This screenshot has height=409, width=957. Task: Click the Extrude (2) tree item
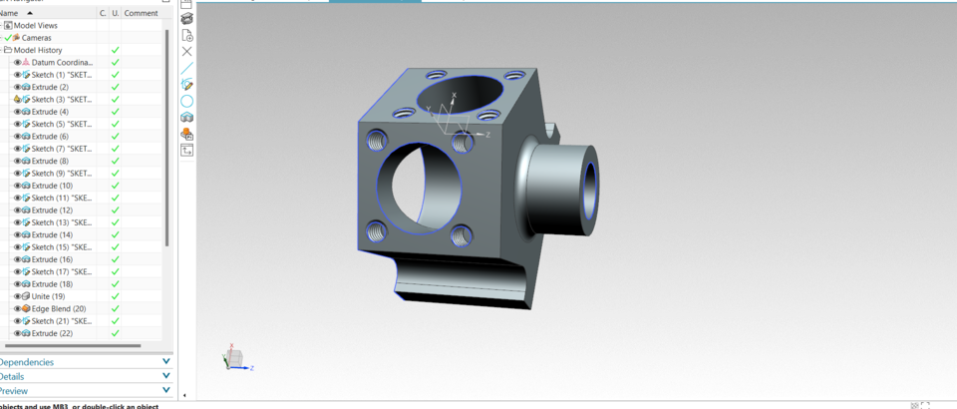(x=50, y=87)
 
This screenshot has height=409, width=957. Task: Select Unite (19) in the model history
(x=48, y=296)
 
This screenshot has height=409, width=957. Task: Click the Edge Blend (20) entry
(x=58, y=309)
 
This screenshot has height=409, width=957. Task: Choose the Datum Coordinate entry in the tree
(x=62, y=63)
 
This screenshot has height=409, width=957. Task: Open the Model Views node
(x=35, y=25)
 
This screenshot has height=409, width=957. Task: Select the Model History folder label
(x=38, y=50)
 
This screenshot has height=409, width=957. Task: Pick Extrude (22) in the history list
(x=52, y=333)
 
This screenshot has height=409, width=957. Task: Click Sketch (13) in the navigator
(x=61, y=222)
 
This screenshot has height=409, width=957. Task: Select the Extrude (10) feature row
(x=52, y=186)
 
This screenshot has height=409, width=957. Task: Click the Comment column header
(x=141, y=13)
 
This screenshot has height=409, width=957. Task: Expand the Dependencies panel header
(x=27, y=362)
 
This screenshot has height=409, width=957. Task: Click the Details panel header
(x=12, y=377)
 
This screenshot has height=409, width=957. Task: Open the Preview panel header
(x=14, y=391)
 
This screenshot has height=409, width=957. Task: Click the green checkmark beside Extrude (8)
(x=115, y=161)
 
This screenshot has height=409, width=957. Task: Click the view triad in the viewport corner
(x=235, y=358)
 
